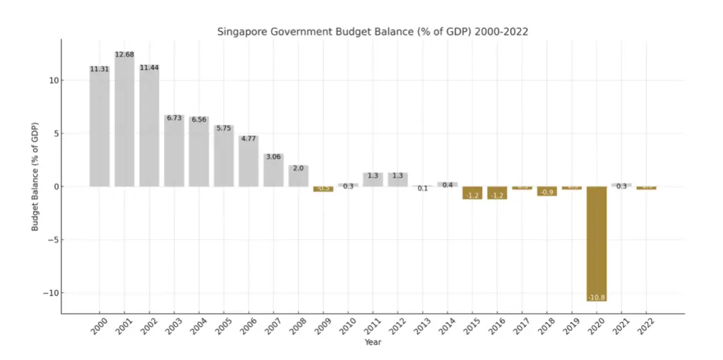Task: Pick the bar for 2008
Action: click(298, 176)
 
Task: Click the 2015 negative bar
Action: click(472, 193)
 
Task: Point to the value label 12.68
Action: click(124, 54)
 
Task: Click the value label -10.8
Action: click(597, 297)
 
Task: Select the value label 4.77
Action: click(249, 139)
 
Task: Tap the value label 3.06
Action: click(273, 157)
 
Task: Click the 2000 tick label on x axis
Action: click(97, 328)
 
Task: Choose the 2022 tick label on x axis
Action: click(644, 328)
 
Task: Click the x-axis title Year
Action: click(374, 342)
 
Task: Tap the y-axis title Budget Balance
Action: click(35, 176)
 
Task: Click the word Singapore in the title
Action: click(243, 32)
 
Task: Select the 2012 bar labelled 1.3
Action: click(398, 179)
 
